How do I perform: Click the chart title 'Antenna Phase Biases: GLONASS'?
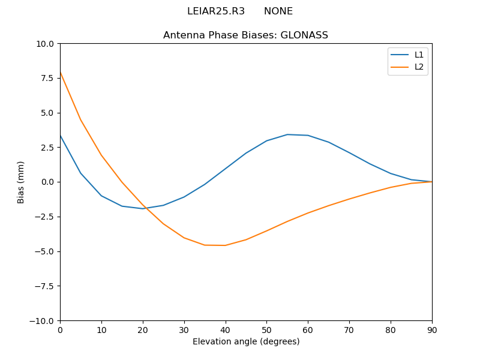(245, 35)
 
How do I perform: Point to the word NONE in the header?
(278, 11)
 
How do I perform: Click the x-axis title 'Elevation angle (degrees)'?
(246, 341)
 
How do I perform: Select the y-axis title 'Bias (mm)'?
(21, 182)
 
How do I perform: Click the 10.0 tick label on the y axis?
(45, 44)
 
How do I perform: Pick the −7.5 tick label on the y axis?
(43, 286)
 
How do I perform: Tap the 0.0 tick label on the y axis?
(47, 182)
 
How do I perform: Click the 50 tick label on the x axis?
(266, 329)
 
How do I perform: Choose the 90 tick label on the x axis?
(432, 329)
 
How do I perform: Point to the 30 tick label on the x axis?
(184, 329)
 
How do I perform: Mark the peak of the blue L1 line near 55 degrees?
(287, 134)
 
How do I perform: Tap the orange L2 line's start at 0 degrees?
(61, 73)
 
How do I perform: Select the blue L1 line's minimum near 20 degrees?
(143, 209)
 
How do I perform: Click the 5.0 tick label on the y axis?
(47, 113)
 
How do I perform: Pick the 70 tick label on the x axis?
(349, 329)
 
